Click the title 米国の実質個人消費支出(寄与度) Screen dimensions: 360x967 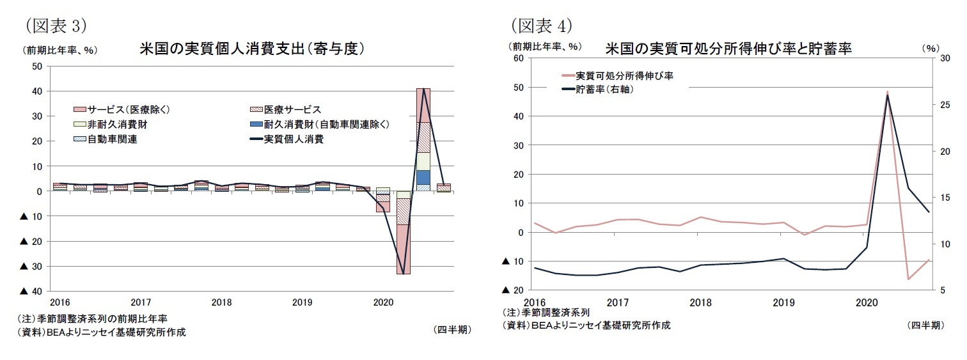252,49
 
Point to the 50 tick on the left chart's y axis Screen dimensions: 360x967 36,67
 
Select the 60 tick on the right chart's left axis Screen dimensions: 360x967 519,58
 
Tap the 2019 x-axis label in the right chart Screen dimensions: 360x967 783,302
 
